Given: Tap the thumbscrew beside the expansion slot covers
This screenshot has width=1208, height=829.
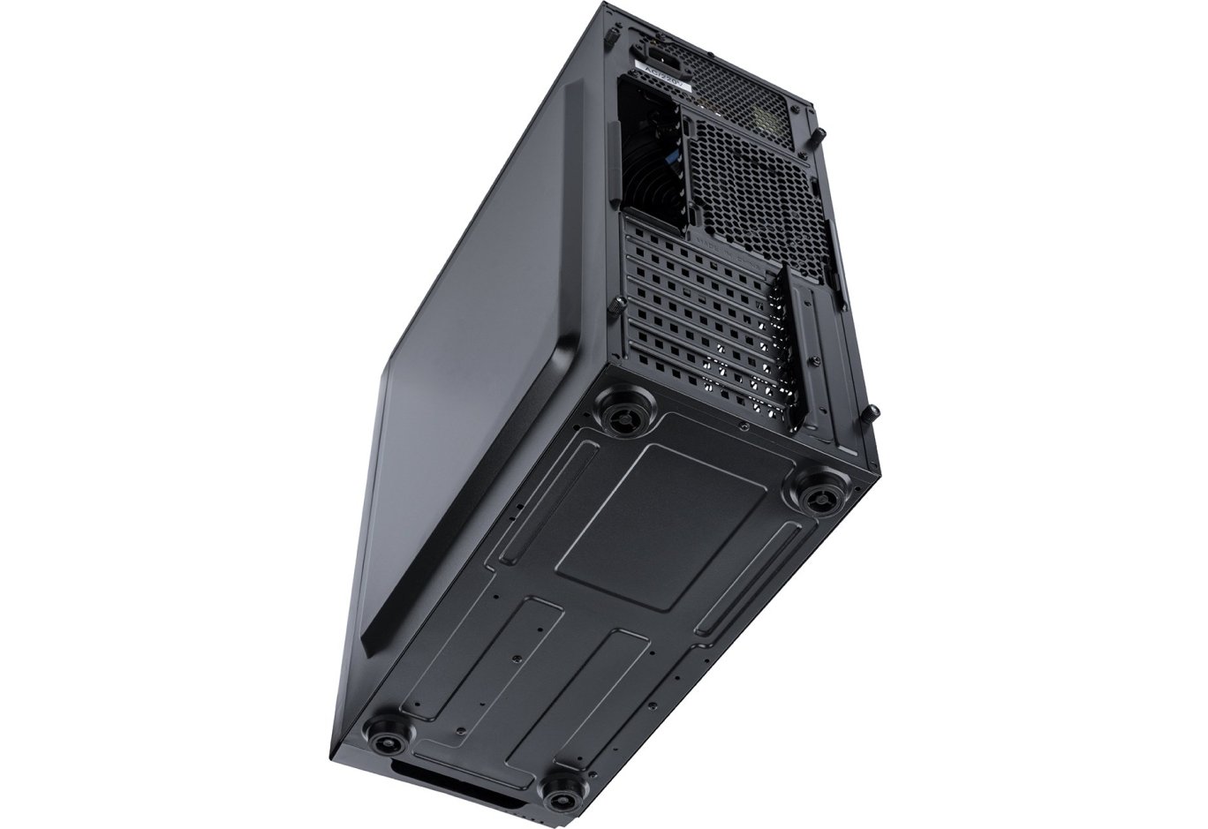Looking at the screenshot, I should click(617, 306).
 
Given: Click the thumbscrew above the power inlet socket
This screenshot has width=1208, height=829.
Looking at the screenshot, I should click(610, 36).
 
